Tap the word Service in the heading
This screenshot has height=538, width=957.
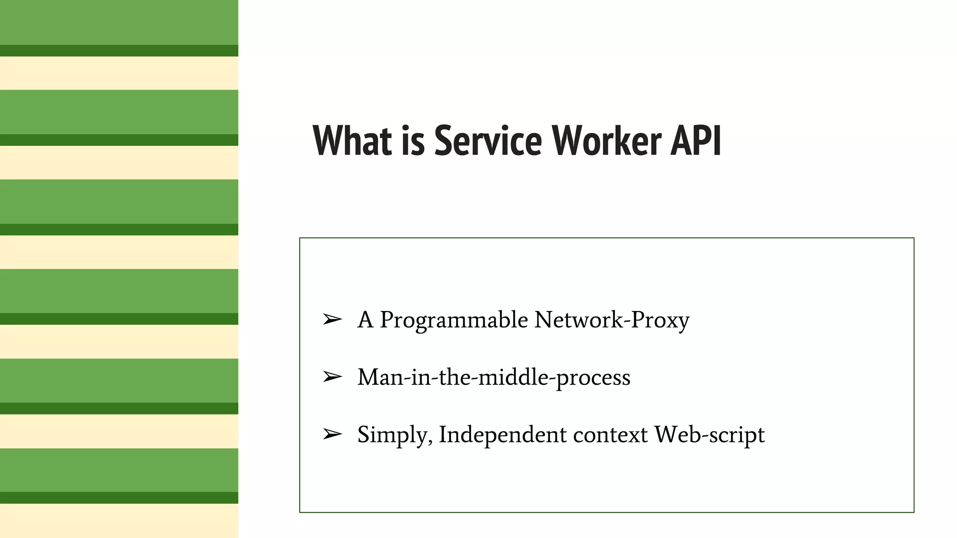(x=488, y=140)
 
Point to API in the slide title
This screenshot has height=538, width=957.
(x=696, y=140)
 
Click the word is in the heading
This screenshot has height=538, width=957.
(x=413, y=140)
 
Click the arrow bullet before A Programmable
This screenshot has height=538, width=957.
(x=332, y=320)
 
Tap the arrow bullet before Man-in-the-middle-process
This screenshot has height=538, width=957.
(x=332, y=377)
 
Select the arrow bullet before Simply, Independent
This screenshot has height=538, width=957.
(x=332, y=434)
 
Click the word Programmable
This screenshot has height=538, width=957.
(x=454, y=321)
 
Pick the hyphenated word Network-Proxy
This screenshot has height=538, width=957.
(x=612, y=321)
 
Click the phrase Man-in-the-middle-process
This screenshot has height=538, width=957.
(x=493, y=377)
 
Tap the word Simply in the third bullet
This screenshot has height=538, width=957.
(x=394, y=435)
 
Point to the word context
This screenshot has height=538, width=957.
(x=610, y=435)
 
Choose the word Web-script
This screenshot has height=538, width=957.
(x=709, y=435)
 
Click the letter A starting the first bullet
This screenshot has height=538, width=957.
(x=365, y=320)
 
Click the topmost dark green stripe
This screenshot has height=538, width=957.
(x=119, y=50)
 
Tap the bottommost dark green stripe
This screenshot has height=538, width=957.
(x=119, y=498)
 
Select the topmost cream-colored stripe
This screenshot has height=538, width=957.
(x=119, y=73)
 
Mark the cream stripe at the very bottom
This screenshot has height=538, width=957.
(x=119, y=521)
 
